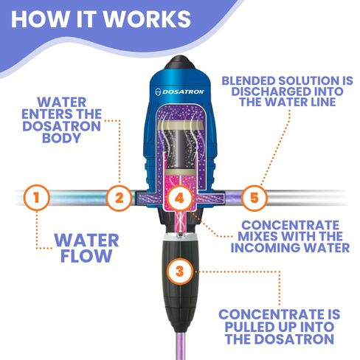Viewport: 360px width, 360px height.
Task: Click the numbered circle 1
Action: click(38, 198)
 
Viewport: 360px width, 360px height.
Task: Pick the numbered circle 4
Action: click(179, 198)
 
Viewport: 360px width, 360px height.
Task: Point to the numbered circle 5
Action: click(255, 198)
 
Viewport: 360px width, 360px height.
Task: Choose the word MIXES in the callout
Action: click(262, 235)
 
